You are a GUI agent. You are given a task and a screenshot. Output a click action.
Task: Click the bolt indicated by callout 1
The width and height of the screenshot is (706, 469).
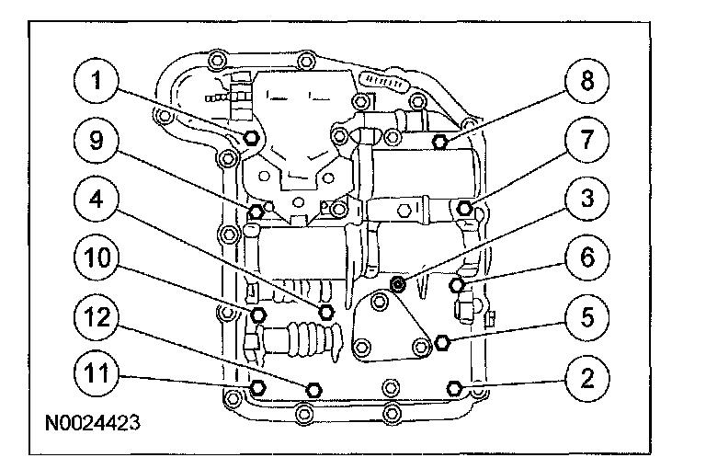254,139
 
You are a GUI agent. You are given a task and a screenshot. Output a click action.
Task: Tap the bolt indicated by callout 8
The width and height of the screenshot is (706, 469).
440,142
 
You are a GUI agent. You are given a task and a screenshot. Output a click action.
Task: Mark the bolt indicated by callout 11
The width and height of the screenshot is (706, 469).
257,386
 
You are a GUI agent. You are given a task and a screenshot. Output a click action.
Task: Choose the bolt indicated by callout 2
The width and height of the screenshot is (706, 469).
452,386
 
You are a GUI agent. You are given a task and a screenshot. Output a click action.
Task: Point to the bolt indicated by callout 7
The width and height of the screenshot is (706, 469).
465,207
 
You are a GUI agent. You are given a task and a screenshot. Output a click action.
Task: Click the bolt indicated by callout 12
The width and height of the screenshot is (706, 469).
313,388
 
